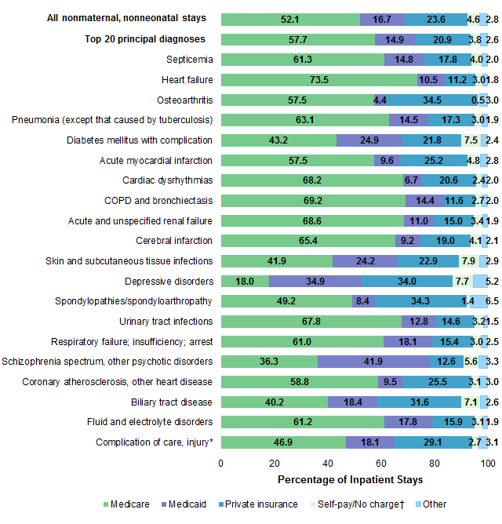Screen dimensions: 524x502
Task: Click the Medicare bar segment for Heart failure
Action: pyautogui.click(x=318, y=79)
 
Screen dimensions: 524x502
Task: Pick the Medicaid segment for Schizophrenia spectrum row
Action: pyautogui.click(x=373, y=361)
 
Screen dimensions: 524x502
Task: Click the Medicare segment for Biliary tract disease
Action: pyautogui.click(x=275, y=402)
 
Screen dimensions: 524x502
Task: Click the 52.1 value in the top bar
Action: pyautogui.click(x=290, y=19)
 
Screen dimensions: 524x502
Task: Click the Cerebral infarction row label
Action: pyautogui.click(x=174, y=240)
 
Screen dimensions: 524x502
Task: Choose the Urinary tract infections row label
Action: pyautogui.click(x=166, y=321)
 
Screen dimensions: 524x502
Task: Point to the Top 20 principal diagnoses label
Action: pyautogui.click(x=145, y=39)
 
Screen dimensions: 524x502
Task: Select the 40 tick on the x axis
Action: pyautogui.click(x=328, y=463)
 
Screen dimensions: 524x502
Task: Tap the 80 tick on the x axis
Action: pyautogui.click(x=435, y=463)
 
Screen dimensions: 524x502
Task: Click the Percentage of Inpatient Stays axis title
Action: pyautogui.click(x=350, y=479)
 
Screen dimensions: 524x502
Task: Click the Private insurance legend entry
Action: pyautogui.click(x=259, y=504)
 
